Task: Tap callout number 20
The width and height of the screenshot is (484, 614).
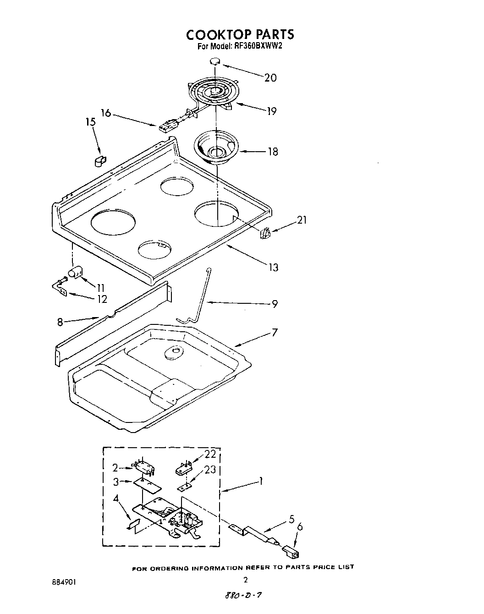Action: (x=270, y=77)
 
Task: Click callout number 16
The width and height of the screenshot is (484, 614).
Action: (x=106, y=112)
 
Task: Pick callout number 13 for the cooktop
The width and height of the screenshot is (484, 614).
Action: (x=273, y=267)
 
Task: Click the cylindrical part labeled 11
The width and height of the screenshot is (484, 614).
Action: (x=74, y=274)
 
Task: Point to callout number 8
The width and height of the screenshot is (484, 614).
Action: (x=60, y=322)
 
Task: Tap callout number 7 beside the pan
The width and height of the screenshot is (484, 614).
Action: (x=274, y=332)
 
